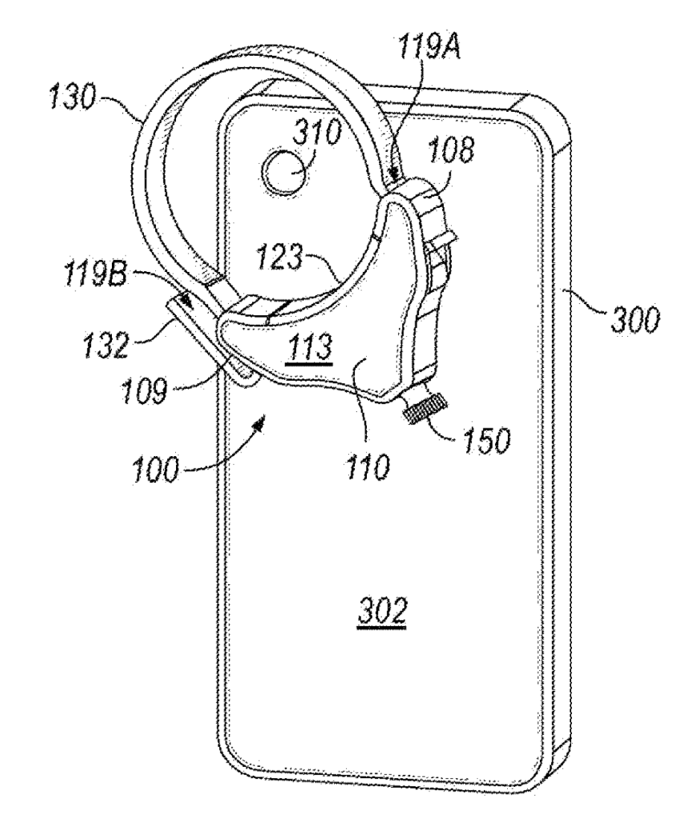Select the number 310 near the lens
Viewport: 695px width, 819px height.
pyautogui.click(x=317, y=134)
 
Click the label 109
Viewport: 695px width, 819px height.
pyautogui.click(x=144, y=390)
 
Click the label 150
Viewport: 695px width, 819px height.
pyautogui.click(x=485, y=441)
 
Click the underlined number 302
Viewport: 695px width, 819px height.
pyautogui.click(x=382, y=610)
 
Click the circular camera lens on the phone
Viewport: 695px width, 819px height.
pyautogui.click(x=285, y=173)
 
